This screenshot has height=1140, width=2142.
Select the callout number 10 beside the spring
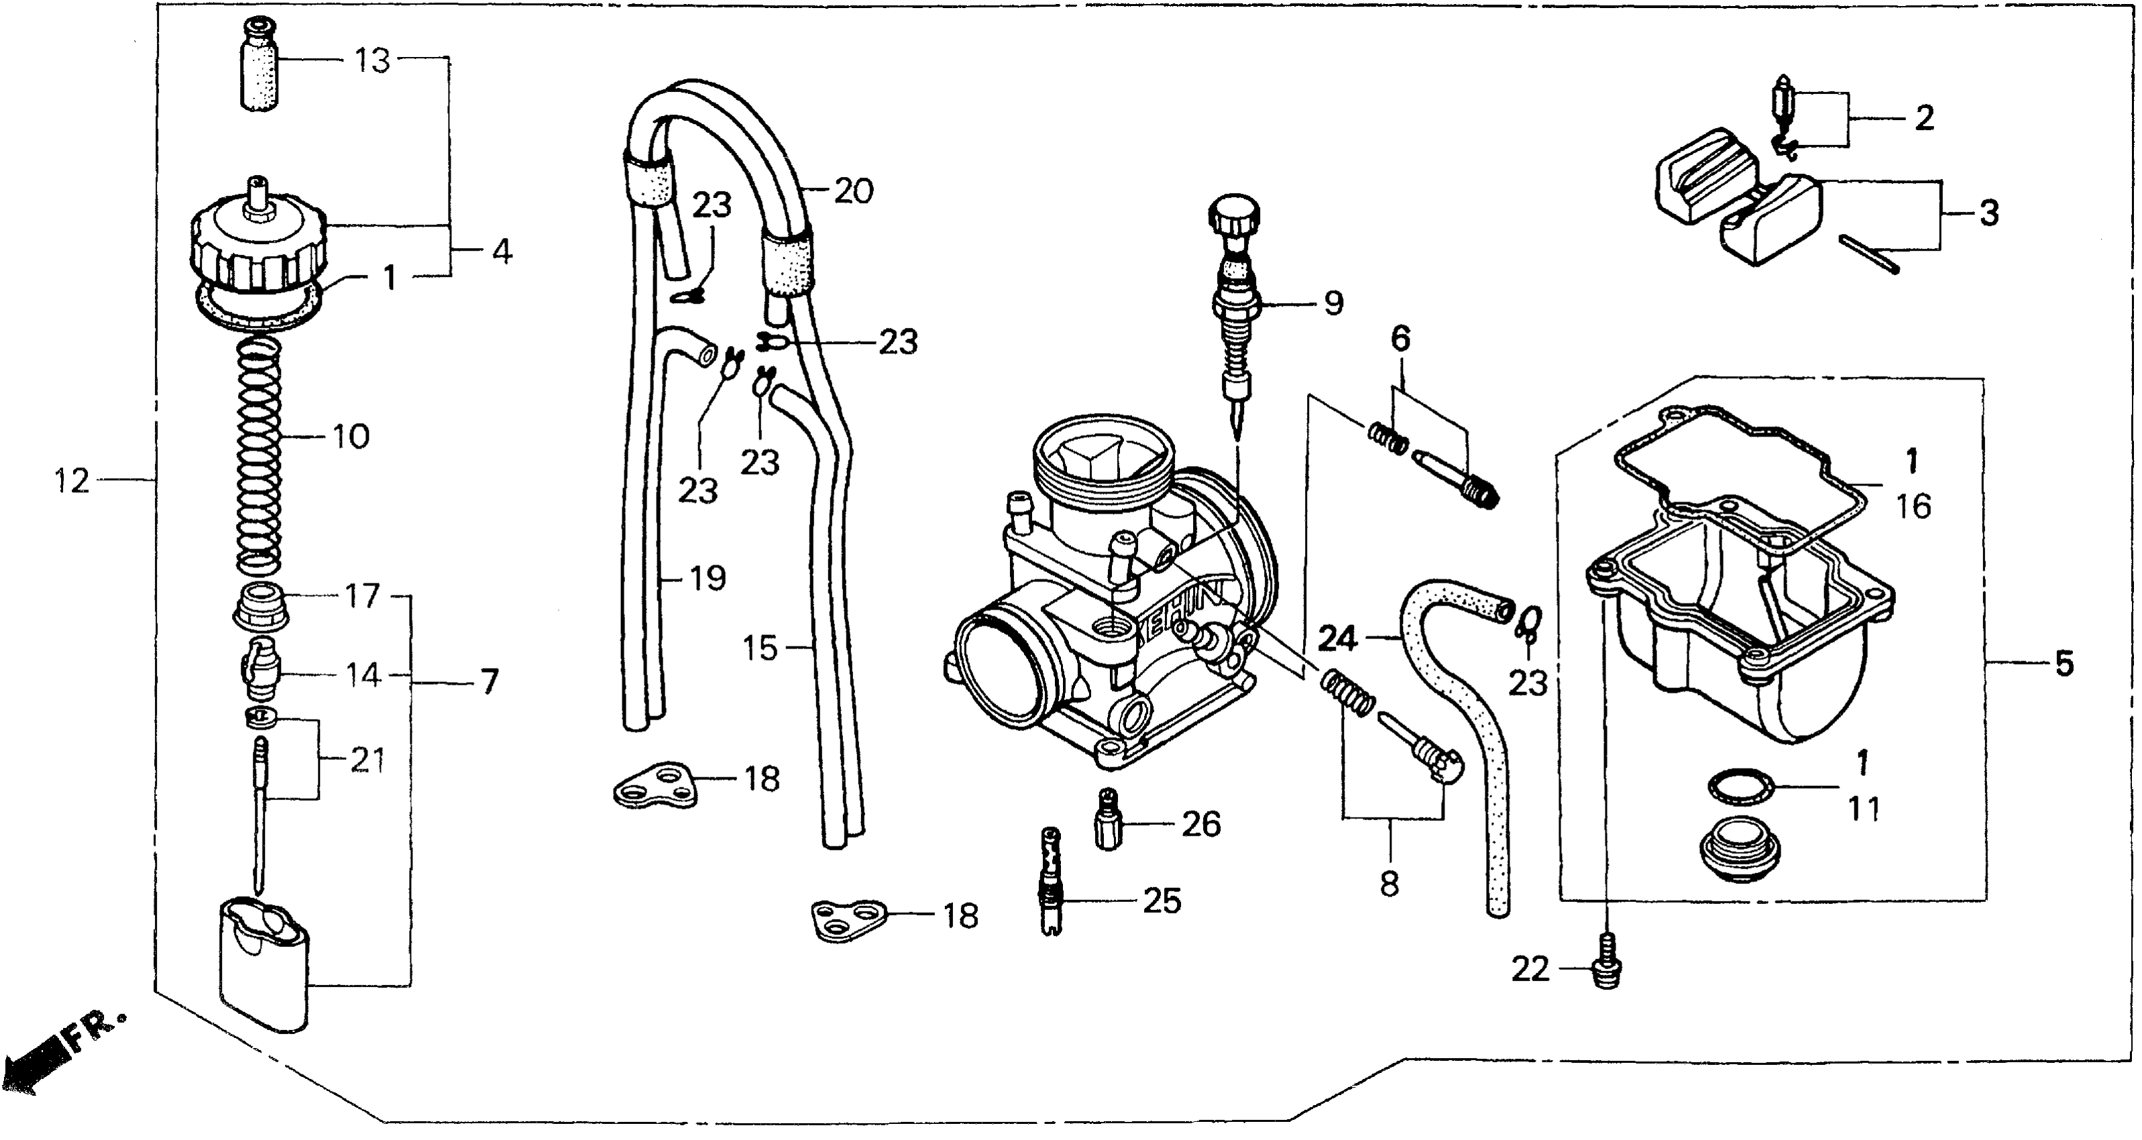click(x=350, y=437)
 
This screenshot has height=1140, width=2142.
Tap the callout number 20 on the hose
click(x=853, y=191)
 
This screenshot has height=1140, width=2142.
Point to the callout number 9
click(x=1333, y=304)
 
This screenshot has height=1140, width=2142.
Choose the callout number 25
click(x=1162, y=901)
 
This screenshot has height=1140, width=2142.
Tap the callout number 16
click(x=1913, y=506)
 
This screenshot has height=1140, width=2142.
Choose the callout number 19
click(x=708, y=578)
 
